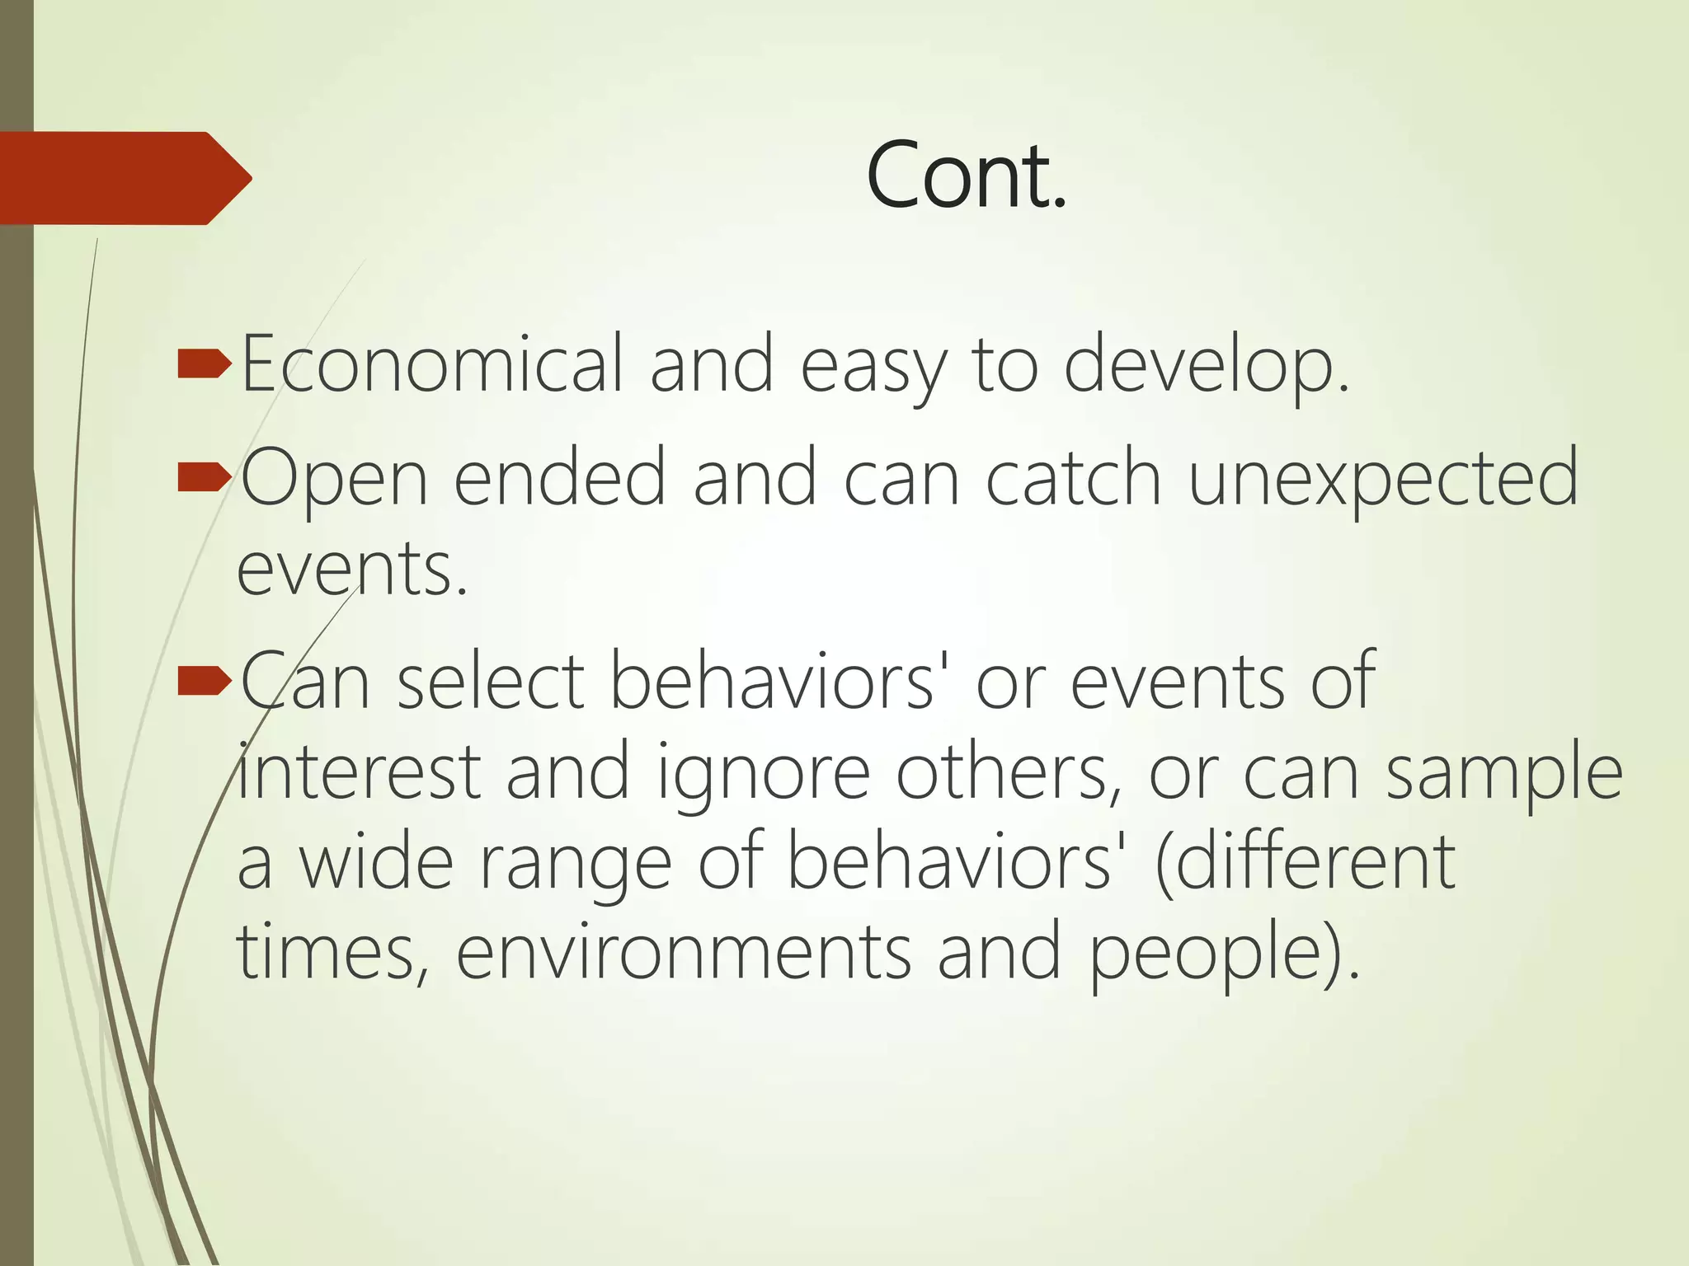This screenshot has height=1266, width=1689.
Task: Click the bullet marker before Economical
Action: tap(204, 363)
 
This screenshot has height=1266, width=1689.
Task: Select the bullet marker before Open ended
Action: tap(204, 477)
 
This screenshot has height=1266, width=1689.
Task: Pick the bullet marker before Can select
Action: tap(204, 681)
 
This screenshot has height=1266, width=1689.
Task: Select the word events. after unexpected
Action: tap(352, 570)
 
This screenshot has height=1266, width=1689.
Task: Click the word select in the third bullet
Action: tap(491, 681)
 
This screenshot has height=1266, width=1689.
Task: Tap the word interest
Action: tap(358, 771)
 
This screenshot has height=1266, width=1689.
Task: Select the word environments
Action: tap(683, 953)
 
